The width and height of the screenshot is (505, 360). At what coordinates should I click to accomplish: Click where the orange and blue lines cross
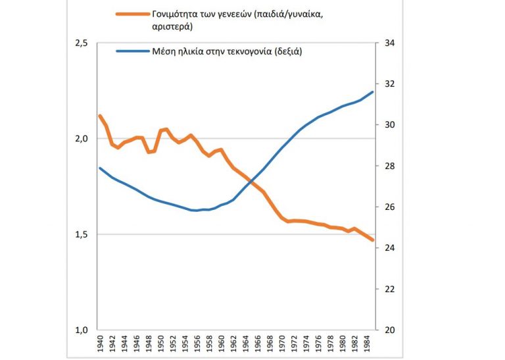click(x=251, y=182)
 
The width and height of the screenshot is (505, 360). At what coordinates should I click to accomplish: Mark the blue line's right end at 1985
click(x=373, y=92)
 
